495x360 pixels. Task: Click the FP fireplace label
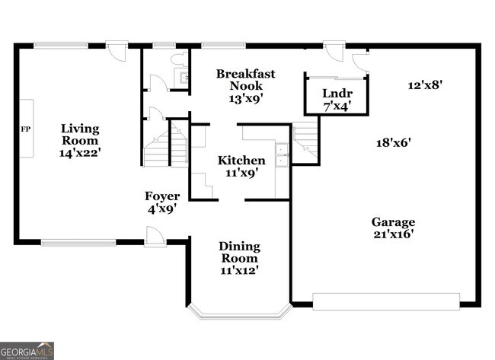[x=26, y=129]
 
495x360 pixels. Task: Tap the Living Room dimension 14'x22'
[x=80, y=153]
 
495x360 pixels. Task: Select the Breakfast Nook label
[x=246, y=79]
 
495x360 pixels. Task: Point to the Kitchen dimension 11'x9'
[x=242, y=173]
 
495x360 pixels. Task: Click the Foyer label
[x=162, y=196]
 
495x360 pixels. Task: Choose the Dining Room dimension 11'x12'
[x=239, y=270]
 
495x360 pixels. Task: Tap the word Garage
[x=393, y=222]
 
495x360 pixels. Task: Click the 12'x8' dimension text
[x=425, y=85]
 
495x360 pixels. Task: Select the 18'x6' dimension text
[x=394, y=143]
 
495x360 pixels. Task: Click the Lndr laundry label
[x=337, y=94]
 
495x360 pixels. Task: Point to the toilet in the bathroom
[x=179, y=59]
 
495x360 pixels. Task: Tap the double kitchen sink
[x=282, y=155]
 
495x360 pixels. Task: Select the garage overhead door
[x=386, y=301]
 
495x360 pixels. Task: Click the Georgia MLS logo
[x=27, y=351]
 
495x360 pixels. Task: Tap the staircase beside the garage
[x=305, y=140]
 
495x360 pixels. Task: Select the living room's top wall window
[x=61, y=46]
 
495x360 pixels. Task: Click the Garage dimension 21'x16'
[x=394, y=234]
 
